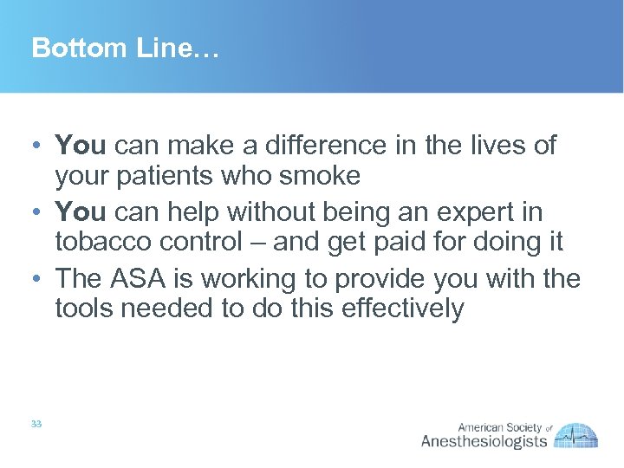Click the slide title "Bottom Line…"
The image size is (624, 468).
(126, 49)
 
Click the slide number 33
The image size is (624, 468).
(36, 424)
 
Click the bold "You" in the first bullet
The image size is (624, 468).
(81, 145)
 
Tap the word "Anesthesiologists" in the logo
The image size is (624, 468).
(484, 441)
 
